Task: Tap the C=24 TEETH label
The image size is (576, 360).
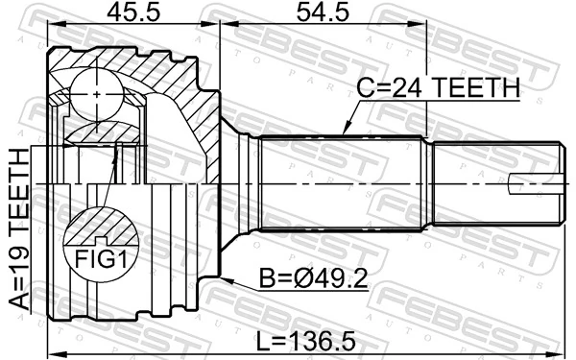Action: [437, 88]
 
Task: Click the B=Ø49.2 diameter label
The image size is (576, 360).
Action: [311, 280]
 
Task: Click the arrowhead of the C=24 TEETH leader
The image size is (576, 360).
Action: [344, 133]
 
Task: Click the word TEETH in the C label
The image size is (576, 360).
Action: [473, 88]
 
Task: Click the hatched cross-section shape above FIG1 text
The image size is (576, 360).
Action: [101, 228]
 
